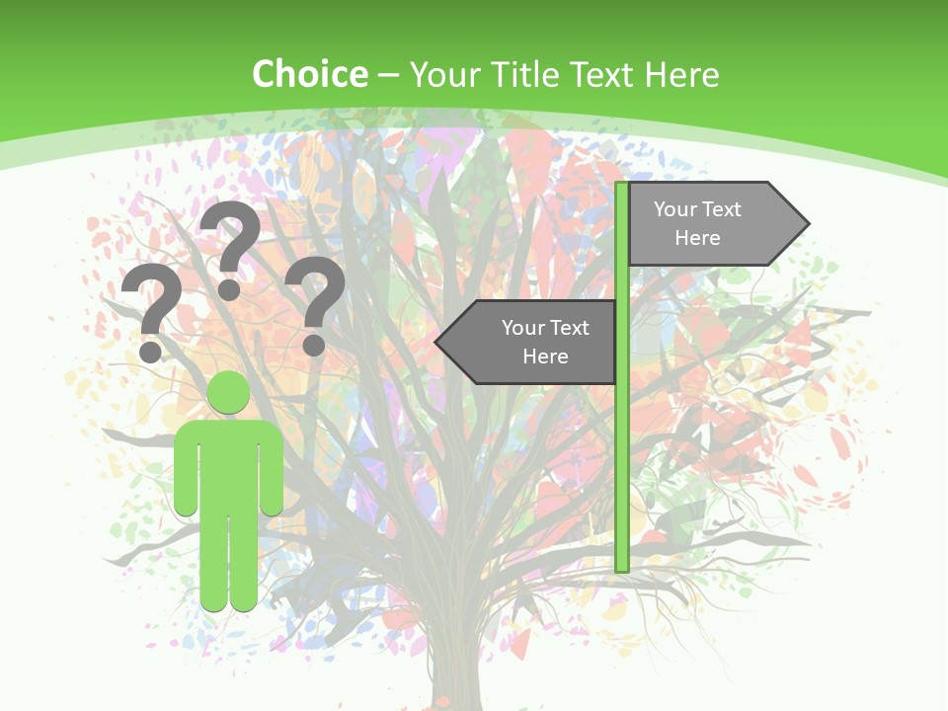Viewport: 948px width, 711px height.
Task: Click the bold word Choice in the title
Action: pos(309,74)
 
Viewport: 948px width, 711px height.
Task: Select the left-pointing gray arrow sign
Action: pos(533,343)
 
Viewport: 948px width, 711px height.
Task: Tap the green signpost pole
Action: pos(622,444)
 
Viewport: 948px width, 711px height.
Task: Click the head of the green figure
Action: pos(228,393)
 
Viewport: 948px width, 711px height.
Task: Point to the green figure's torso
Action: pos(228,464)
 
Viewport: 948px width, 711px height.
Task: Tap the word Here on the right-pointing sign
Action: pos(697,238)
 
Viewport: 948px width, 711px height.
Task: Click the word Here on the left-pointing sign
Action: pos(545,356)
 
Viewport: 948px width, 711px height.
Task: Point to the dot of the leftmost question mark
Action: pos(150,351)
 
